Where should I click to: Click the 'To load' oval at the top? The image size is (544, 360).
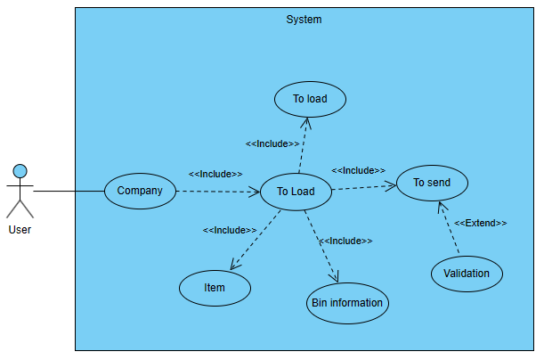coord(310,99)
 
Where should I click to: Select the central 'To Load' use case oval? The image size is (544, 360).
coord(296,192)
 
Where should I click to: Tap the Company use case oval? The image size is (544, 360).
coord(140,191)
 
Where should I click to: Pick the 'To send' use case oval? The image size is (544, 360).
coord(432,183)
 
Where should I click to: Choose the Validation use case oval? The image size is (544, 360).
coord(467,274)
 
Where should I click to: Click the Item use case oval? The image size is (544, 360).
coord(215,288)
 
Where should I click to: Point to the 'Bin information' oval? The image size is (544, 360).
coord(347,303)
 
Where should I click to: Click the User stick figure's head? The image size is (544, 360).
coord(20,170)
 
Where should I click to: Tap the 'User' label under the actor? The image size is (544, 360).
coord(20,229)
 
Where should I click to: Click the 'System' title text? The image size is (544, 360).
coord(304,20)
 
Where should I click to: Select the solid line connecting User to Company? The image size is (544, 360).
coord(69,191)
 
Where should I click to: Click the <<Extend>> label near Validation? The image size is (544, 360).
coord(481,223)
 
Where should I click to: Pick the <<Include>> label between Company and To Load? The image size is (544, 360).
coord(215,174)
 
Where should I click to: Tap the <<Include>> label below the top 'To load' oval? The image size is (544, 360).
coord(272,143)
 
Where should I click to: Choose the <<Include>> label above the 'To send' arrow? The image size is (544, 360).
coord(358,170)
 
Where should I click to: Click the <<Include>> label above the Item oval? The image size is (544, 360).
coord(230,230)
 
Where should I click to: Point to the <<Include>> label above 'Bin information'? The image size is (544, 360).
coord(345,241)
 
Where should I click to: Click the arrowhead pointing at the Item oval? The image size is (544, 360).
coord(234,265)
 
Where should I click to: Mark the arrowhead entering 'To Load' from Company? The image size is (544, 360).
coord(256,191)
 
